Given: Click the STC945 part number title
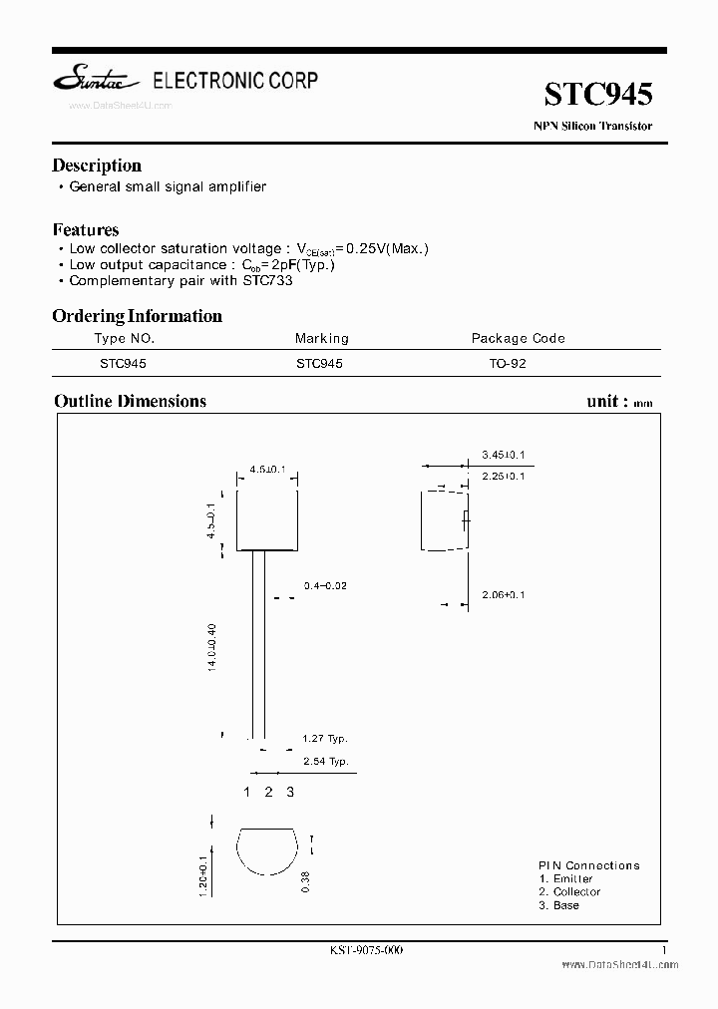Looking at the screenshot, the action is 598,95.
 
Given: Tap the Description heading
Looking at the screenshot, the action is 97,166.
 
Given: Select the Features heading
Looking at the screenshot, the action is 86,229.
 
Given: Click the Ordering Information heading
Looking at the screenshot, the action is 137,316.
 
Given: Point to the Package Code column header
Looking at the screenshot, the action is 518,338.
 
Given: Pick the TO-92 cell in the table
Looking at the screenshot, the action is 508,364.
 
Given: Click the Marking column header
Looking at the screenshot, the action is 321,338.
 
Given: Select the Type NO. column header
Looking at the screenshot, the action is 124,338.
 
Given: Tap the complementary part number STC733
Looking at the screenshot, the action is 265,280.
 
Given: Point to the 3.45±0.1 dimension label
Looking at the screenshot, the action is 503,455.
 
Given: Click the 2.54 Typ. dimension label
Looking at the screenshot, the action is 325,761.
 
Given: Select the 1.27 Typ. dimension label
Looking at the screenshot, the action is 325,739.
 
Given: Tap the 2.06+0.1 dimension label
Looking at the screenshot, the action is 503,594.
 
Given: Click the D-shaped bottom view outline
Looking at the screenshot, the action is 266,852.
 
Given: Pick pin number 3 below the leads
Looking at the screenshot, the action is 290,792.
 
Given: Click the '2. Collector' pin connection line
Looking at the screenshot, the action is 569,891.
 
